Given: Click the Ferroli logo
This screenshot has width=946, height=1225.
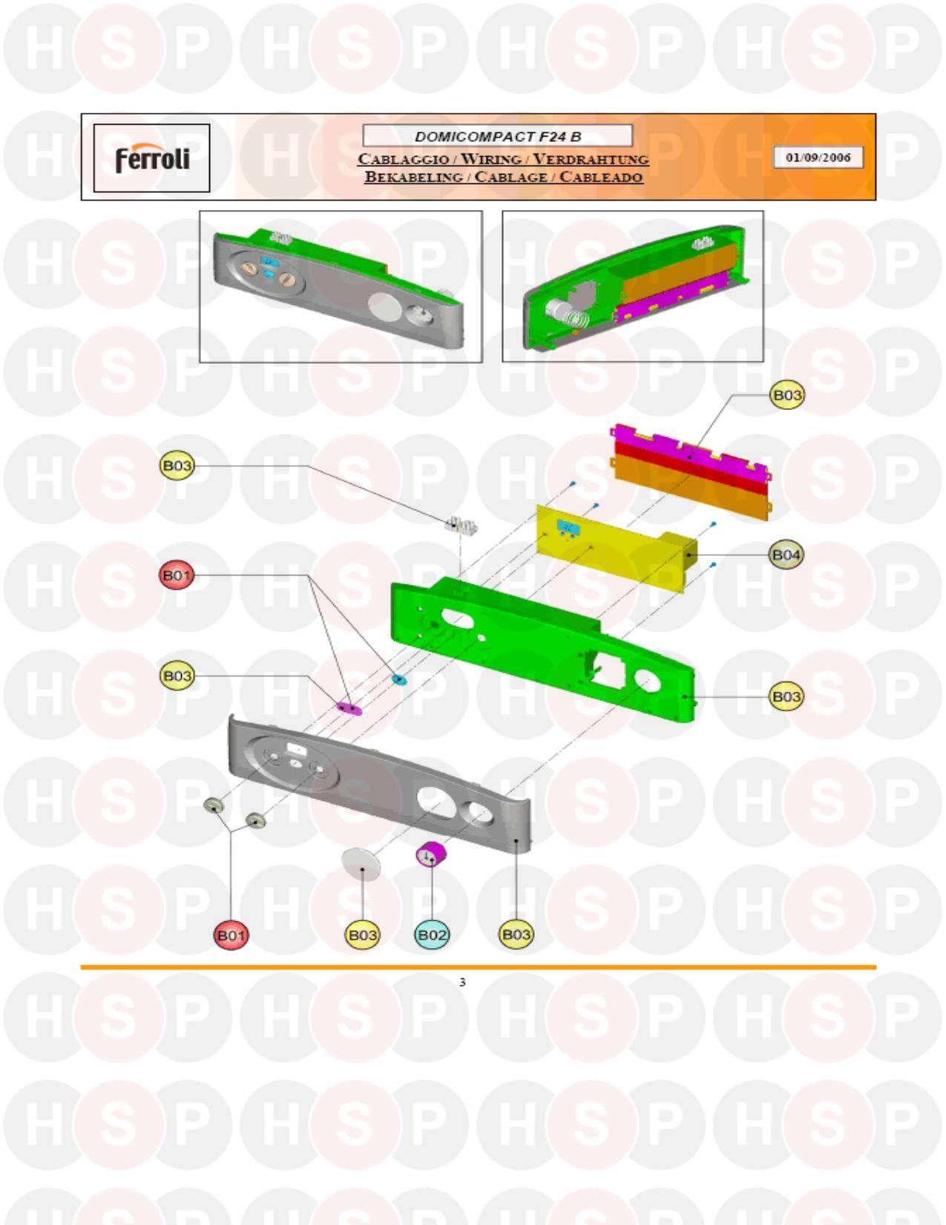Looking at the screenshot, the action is point(152,158).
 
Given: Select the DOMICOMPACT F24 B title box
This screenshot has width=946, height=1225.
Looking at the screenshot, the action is point(498,136).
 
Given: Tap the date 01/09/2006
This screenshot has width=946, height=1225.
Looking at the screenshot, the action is point(818,157).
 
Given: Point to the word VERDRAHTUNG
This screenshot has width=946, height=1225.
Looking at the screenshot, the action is point(591,159).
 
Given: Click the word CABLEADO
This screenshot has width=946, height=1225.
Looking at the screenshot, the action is point(600,177).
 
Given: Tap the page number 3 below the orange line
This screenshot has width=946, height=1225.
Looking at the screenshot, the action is point(462,982).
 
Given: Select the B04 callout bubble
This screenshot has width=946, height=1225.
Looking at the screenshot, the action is point(786,555).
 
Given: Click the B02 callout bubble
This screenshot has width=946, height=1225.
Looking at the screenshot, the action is point(432,935).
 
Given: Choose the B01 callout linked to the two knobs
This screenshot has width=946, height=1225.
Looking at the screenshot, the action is point(231,935).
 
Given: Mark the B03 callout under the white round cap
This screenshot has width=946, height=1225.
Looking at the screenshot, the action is point(362,935).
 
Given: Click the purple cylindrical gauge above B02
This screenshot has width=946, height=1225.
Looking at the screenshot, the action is point(431,855).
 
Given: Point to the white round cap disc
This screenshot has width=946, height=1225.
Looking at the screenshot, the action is point(361,863).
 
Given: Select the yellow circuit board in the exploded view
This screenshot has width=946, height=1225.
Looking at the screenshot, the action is point(617,549).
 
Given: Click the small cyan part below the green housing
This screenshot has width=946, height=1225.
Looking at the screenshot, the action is point(399,679).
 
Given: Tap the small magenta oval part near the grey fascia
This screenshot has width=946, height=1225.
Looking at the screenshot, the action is point(349,708).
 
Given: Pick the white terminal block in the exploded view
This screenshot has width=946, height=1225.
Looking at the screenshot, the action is point(460,526).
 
